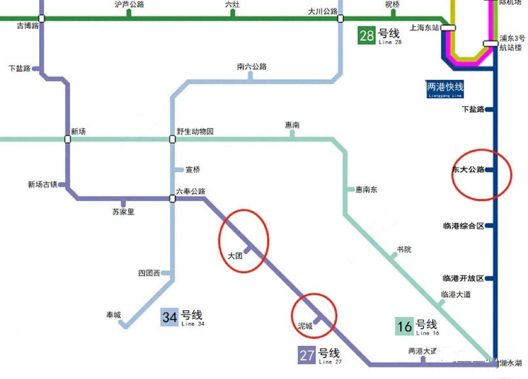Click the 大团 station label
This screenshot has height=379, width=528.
pos(235,256)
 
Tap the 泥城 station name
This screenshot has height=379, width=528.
pos(305,326)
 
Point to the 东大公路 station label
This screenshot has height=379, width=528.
pos(468,170)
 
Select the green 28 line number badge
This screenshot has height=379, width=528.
pos(367,36)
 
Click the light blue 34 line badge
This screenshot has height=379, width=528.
pos(169,317)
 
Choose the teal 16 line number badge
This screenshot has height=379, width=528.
pos(404,326)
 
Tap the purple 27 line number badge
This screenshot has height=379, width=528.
pos(306,355)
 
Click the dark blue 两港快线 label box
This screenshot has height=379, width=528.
pos(445,89)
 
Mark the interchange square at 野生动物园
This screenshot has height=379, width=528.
pos(172,139)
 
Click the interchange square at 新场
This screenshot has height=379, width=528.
pos(68,139)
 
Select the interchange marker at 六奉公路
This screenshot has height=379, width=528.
pos(172,198)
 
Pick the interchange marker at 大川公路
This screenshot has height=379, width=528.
pos(341,19)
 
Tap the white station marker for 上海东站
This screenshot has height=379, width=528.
pos(448,28)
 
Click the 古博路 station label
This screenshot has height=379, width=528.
pos(28,26)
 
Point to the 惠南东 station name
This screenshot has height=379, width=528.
pos(366,189)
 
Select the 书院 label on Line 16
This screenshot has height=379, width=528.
pos(404,250)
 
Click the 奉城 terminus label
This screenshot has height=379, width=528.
pos(114,315)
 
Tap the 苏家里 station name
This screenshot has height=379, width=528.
pos(123,212)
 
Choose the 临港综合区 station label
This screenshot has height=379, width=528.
pos(463,226)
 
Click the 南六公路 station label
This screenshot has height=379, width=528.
pos(252,67)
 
